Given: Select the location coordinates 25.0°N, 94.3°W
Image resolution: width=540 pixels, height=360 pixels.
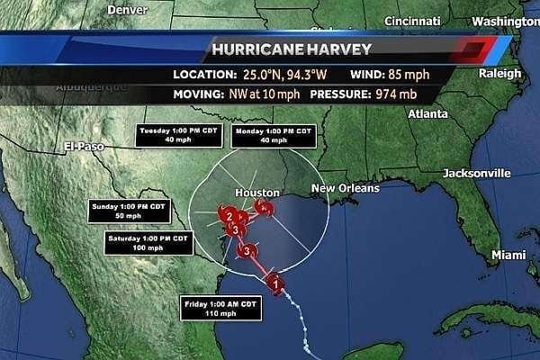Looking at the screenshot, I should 282,74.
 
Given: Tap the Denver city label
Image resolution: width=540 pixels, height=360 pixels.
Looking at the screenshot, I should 127,10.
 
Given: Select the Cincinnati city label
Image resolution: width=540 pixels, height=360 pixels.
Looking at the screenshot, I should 411,21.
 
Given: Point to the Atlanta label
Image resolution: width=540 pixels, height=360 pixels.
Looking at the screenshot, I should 427,114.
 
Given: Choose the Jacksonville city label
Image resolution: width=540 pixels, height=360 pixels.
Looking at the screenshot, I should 477,173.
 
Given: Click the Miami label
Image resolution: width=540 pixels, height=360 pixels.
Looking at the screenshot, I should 508,256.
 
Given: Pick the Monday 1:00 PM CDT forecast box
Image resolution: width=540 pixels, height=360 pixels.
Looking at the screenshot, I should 273,135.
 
